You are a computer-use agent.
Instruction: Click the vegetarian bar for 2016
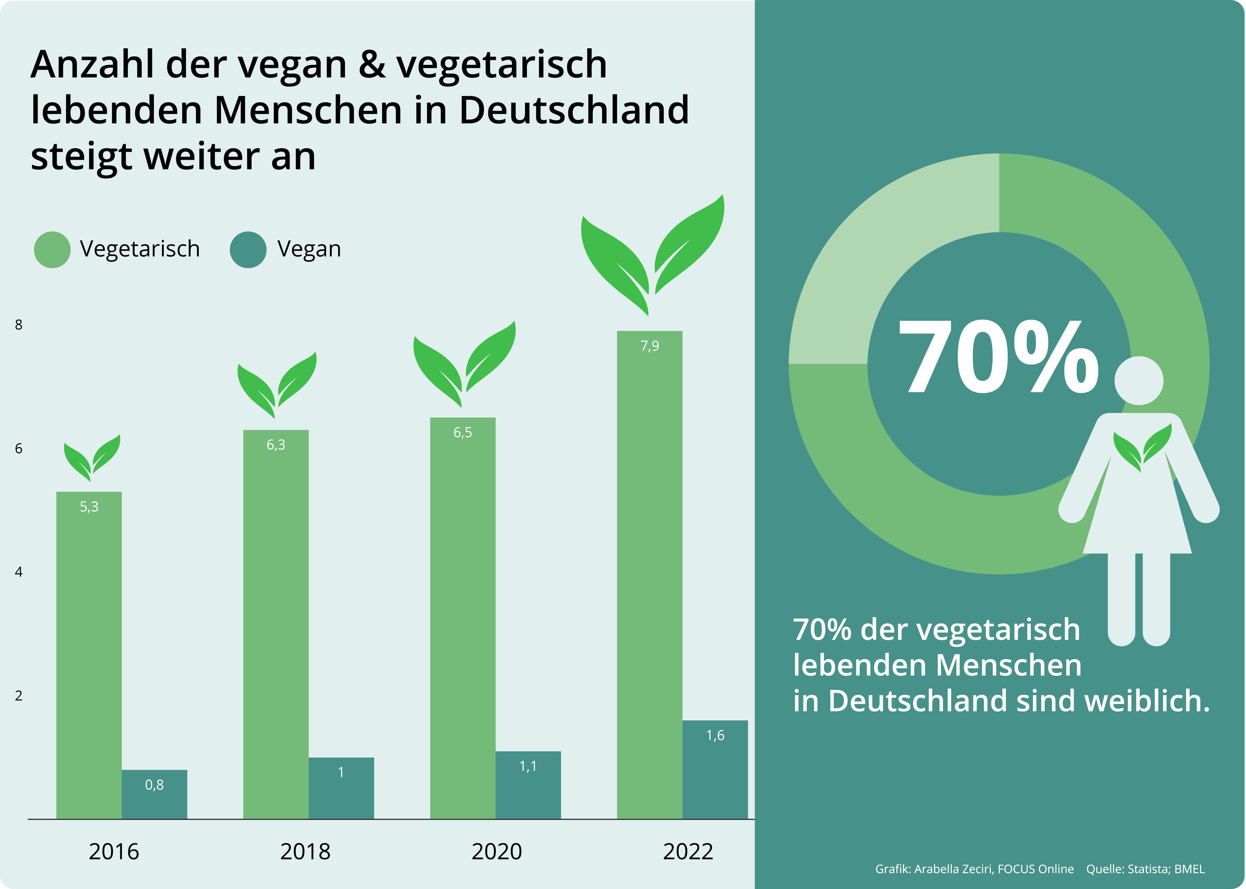[89, 657]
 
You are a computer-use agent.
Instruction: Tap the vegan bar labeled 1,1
[528, 786]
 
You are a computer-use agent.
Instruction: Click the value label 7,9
[650, 346]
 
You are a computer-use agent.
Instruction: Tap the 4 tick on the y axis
[19, 572]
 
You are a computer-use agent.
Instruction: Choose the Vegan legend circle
[248, 250]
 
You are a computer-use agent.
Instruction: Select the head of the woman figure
[1139, 380]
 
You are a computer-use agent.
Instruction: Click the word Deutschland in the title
[573, 110]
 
